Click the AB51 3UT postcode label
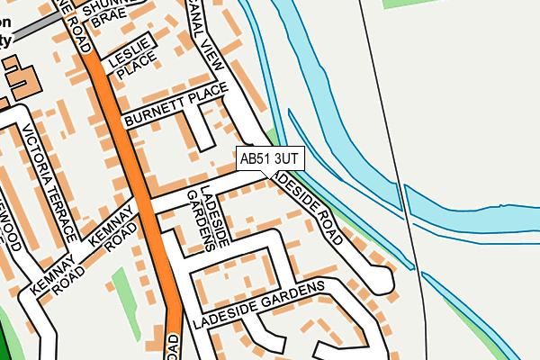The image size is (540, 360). (x=270, y=158)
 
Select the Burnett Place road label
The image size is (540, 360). (x=175, y=105)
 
